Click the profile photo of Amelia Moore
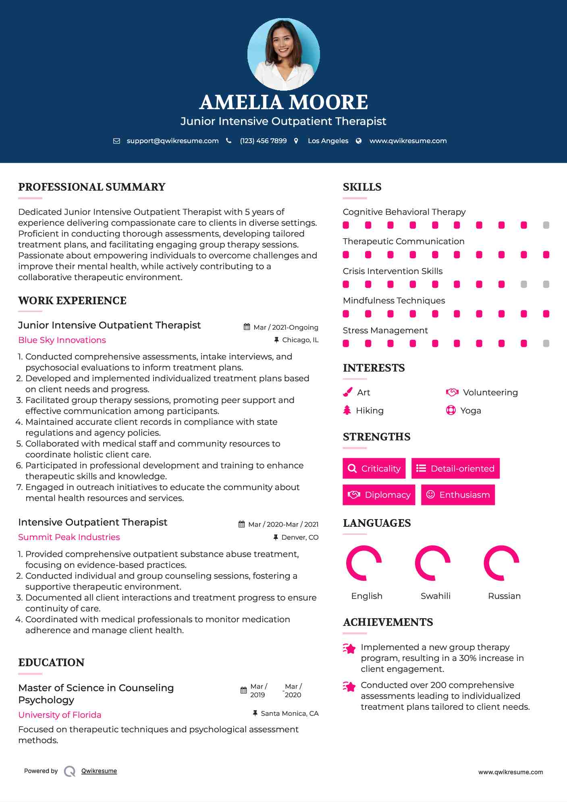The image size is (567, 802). click(283, 54)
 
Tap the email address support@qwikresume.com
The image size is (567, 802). click(172, 141)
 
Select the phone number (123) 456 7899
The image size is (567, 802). click(263, 141)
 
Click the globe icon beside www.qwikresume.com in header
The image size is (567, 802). click(359, 141)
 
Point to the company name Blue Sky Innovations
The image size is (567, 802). click(62, 340)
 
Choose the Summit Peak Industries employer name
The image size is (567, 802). click(69, 537)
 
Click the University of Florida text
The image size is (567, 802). click(60, 715)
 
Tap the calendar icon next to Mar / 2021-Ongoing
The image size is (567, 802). click(247, 327)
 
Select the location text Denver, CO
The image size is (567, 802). click(300, 537)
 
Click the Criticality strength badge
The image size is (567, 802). click(374, 468)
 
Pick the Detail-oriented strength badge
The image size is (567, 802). click(455, 468)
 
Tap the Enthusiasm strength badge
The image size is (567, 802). click(458, 494)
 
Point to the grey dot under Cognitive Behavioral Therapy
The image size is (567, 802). click(546, 225)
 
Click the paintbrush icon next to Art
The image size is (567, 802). click(347, 392)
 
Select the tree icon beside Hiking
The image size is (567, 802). click(347, 410)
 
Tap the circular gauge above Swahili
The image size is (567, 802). click(432, 563)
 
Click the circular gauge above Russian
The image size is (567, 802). click(501, 563)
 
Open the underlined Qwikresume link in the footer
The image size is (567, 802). click(99, 771)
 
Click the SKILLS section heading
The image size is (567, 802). click(362, 187)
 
